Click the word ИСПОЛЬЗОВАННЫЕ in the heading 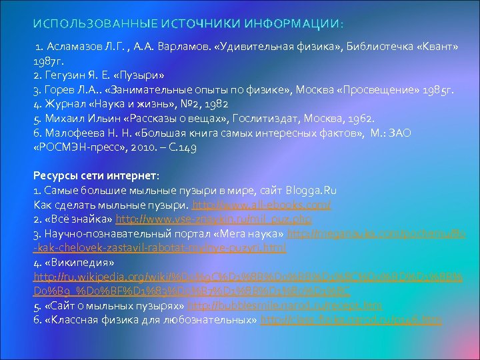pyautogui.click(x=74, y=25)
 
